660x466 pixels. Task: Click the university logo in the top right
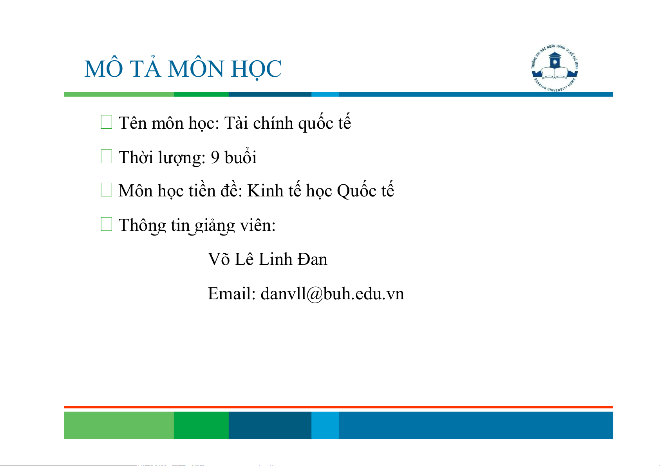click(555, 68)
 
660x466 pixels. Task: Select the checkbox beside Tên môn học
click(107, 122)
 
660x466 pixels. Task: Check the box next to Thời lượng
click(107, 157)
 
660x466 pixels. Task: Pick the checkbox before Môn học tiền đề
click(107, 190)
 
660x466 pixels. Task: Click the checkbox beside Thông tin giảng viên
click(107, 224)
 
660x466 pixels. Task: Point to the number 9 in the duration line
click(215, 157)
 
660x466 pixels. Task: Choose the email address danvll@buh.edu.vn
click(333, 294)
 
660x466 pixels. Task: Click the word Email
click(231, 293)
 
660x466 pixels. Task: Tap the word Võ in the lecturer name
click(219, 259)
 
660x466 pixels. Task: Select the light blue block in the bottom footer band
click(325, 425)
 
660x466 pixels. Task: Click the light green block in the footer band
click(119, 425)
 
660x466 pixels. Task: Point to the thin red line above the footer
click(338, 407)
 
